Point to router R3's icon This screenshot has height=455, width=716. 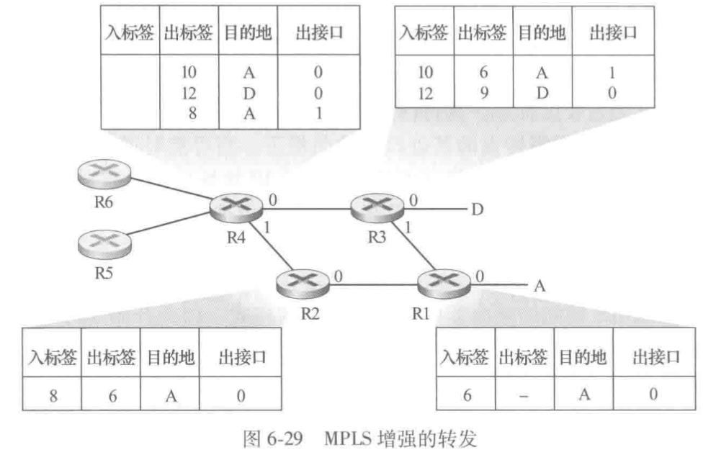pos(374,207)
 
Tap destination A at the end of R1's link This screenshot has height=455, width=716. pos(537,285)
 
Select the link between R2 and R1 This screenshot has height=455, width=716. pos(373,284)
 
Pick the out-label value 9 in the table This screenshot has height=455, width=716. pos(485,92)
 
